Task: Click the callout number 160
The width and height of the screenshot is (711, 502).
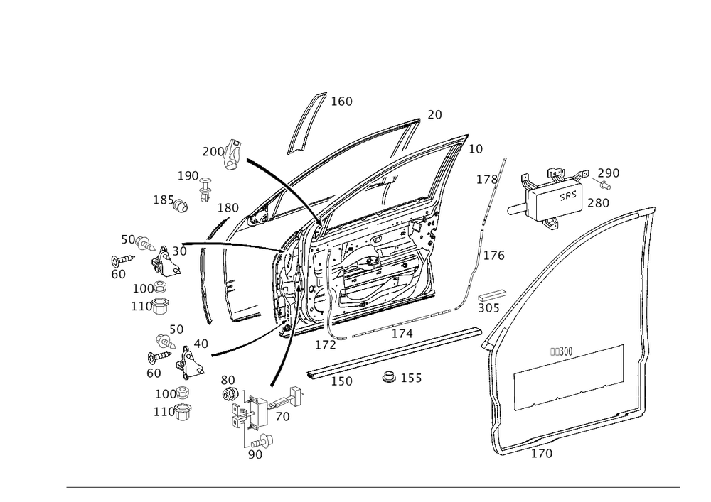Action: pos(341,102)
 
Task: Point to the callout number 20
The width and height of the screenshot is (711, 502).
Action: pos(434,114)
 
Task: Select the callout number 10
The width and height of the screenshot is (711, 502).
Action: pos(476,148)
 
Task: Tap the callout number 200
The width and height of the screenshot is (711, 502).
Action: pos(212,151)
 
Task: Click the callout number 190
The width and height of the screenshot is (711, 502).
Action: pos(188,175)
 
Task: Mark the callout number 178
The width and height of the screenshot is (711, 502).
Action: pos(488,180)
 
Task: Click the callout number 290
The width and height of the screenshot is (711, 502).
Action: pos(609,173)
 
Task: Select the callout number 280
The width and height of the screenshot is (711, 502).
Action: pos(598,202)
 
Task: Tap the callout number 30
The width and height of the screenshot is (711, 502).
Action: pos(179,251)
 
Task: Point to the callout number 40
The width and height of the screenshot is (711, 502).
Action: pos(201,344)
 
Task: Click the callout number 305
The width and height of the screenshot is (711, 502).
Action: pos(488,308)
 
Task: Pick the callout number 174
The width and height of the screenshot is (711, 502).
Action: pos(402,332)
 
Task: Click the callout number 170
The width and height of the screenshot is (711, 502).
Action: pos(542,452)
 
